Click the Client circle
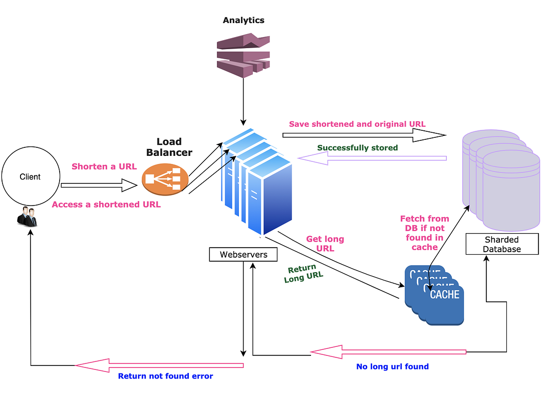pyautogui.click(x=30, y=177)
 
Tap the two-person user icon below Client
pyautogui.click(x=27, y=217)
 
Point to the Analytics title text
pyautogui.click(x=243, y=21)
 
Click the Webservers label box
pyautogui.click(x=243, y=255)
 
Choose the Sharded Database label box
pyautogui.click(x=502, y=244)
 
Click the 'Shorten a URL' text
pyautogui.click(x=104, y=166)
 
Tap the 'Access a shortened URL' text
pyautogui.click(x=106, y=204)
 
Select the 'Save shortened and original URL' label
pyautogui.click(x=357, y=124)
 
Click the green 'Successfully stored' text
pyautogui.click(x=358, y=148)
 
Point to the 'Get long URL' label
pyautogui.click(x=325, y=244)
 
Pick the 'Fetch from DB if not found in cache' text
pyautogui.click(x=424, y=233)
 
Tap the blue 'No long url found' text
pyautogui.click(x=392, y=366)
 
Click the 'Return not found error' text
pyautogui.click(x=165, y=376)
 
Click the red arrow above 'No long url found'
pyautogui.click(x=388, y=352)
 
